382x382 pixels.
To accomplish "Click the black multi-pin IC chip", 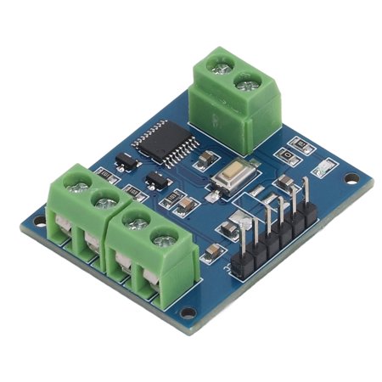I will tap(159, 140).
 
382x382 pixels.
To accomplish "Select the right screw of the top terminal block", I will tap(247, 82).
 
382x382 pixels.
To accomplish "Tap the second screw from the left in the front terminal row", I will tap(104, 200).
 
